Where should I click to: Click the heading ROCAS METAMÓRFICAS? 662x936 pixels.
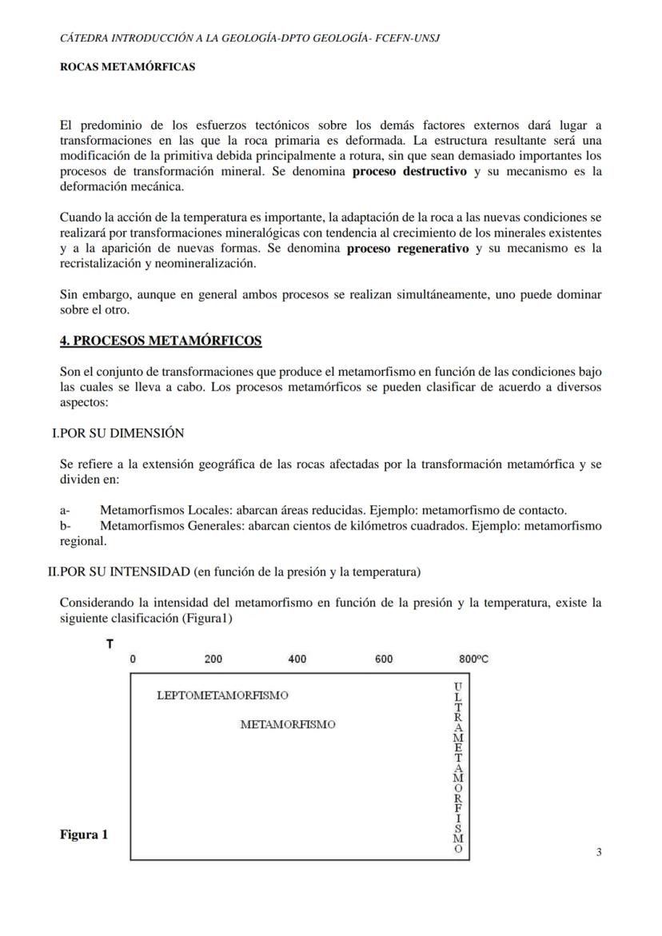pyautogui.click(x=127, y=68)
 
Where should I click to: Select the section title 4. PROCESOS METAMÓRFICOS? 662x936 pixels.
pyautogui.click(x=161, y=341)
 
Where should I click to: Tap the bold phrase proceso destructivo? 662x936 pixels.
pyautogui.click(x=409, y=172)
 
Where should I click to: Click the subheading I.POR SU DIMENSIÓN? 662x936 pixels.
pyautogui.click(x=118, y=433)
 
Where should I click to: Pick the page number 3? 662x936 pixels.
pyautogui.click(x=599, y=852)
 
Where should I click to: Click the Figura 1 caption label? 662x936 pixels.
pyautogui.click(x=84, y=835)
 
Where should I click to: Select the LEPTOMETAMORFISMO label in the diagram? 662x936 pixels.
pyautogui.click(x=223, y=695)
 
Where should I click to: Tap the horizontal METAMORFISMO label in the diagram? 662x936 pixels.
pyautogui.click(x=288, y=725)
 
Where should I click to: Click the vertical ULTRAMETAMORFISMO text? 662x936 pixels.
pyautogui.click(x=457, y=768)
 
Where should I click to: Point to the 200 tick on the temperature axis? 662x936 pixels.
pyautogui.click(x=213, y=659)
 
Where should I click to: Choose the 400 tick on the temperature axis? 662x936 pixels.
pyautogui.click(x=297, y=659)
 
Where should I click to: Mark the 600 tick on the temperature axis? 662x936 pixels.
pyautogui.click(x=384, y=659)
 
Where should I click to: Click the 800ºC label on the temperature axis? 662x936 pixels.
pyautogui.click(x=474, y=659)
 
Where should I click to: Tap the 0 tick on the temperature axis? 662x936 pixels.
pyautogui.click(x=133, y=659)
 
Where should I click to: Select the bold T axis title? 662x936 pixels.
pyautogui.click(x=110, y=644)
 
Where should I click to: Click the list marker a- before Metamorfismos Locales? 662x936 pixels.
pyautogui.click(x=65, y=510)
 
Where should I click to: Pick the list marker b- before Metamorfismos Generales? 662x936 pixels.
pyautogui.click(x=66, y=525)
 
